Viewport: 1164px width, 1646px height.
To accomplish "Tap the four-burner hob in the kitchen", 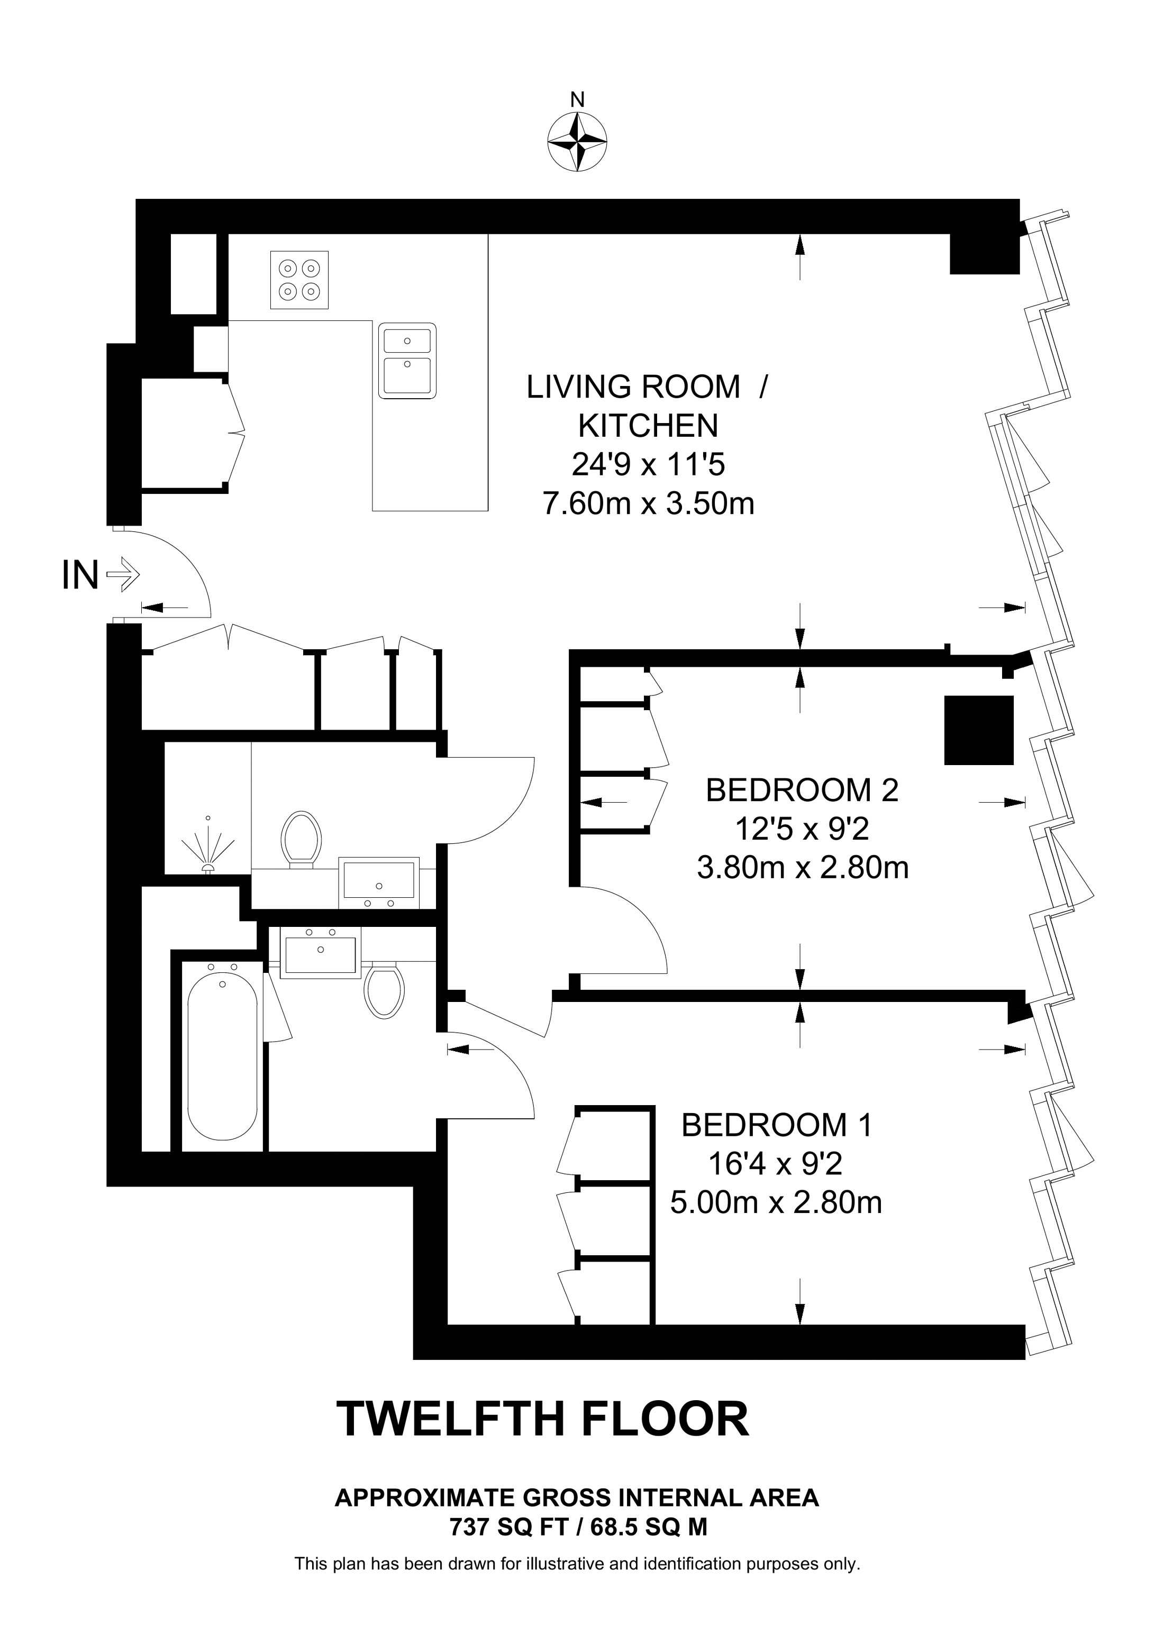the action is pyautogui.click(x=299, y=280).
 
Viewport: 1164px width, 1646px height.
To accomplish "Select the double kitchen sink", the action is pyautogui.click(x=407, y=361).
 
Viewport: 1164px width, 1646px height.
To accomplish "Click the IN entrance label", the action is pyautogui.click(x=80, y=575).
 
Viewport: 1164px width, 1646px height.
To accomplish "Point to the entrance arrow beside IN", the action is pyautogui.click(x=123, y=574).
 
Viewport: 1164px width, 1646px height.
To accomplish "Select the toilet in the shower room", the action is pyautogui.click(x=301, y=840).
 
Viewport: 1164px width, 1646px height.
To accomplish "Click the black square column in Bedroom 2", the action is pyautogui.click(x=979, y=730).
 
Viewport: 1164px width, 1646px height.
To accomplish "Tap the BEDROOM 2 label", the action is pyautogui.click(x=802, y=790).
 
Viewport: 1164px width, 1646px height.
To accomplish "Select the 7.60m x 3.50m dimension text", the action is pyautogui.click(x=648, y=503).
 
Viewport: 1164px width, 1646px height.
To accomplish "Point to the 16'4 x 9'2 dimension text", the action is pyautogui.click(x=775, y=1164).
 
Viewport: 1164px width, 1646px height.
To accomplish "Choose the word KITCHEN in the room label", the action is pyautogui.click(x=648, y=426).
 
